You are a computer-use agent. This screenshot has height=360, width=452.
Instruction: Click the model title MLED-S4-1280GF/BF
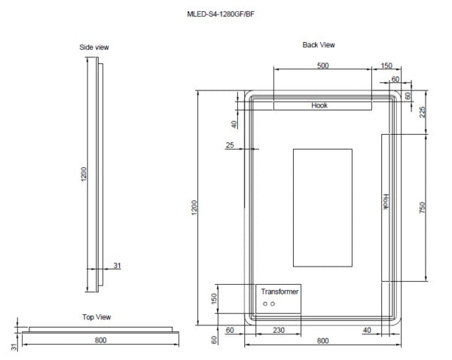(225, 14)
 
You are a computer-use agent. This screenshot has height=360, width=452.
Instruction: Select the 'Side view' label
(94, 47)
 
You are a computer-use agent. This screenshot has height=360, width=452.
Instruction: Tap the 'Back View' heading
(319, 45)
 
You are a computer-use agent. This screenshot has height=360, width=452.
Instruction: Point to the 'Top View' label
(96, 317)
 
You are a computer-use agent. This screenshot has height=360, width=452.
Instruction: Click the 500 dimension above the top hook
(322, 66)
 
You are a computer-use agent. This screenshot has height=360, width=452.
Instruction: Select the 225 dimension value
(423, 111)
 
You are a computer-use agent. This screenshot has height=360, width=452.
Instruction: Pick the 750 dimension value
(423, 207)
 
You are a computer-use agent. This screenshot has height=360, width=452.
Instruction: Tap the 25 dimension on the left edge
(230, 145)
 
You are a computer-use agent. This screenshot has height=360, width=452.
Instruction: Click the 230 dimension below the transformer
(278, 329)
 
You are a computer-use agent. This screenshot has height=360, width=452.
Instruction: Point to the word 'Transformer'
(279, 291)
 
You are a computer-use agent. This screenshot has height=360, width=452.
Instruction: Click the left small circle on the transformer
(264, 304)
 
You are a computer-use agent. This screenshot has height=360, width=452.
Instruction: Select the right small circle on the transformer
(273, 304)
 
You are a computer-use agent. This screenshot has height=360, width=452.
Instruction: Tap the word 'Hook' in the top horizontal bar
(319, 105)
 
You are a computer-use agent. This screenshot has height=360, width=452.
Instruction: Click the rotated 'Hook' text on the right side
(386, 200)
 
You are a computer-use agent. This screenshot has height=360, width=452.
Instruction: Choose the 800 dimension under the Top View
(100, 340)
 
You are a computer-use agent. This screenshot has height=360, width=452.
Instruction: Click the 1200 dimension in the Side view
(84, 174)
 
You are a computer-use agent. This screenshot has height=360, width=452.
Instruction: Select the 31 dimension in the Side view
(117, 264)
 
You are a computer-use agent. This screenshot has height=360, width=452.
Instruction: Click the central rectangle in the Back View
(322, 207)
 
